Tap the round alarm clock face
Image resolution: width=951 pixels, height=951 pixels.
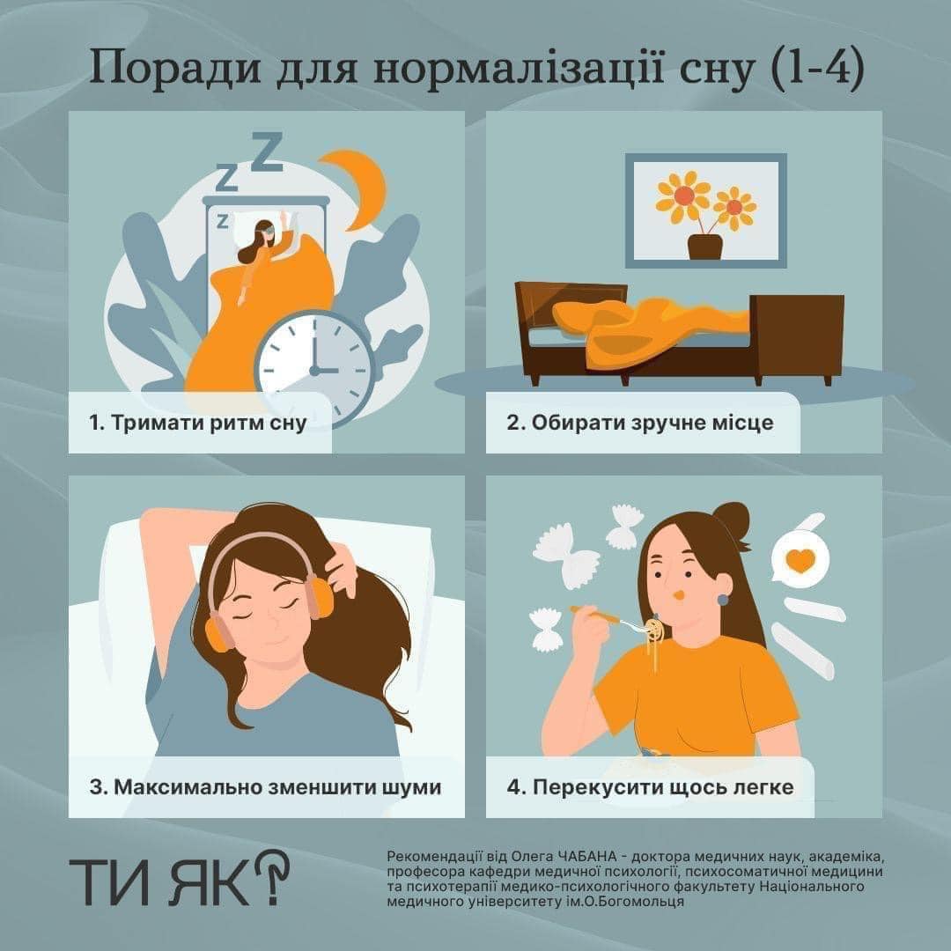tap(314, 369)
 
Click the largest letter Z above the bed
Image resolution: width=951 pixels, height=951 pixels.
tap(267, 151)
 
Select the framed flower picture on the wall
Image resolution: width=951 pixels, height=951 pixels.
tap(706, 210)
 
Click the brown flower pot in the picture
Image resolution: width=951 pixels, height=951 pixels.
tap(704, 247)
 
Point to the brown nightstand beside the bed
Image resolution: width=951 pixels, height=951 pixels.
tap(796, 335)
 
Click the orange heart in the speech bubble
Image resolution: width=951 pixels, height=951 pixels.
tap(800, 560)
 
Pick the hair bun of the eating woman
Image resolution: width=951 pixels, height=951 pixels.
tap(732, 519)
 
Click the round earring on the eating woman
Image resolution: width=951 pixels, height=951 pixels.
tap(722, 600)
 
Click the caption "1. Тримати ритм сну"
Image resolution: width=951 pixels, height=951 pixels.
tap(198, 423)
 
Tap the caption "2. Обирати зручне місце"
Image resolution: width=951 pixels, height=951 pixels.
tap(640, 422)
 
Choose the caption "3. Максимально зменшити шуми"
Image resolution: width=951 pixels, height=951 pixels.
tap(265, 786)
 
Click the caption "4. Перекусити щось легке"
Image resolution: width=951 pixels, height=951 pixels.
tap(650, 786)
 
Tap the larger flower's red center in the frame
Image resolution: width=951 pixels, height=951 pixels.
tap(683, 195)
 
